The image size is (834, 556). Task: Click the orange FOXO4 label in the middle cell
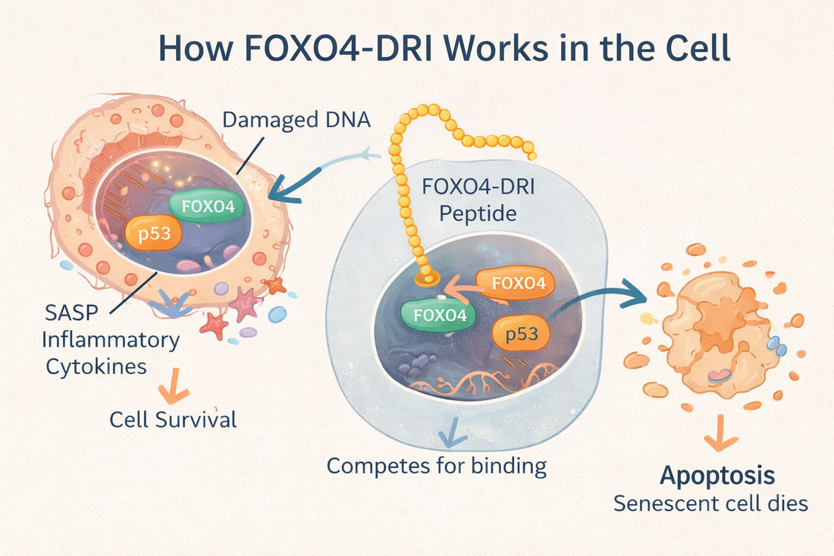[x=519, y=284]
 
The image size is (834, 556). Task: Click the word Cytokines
[x=97, y=366]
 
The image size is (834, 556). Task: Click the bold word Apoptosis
[x=717, y=476]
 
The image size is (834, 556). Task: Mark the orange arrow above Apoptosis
[x=716, y=441]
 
